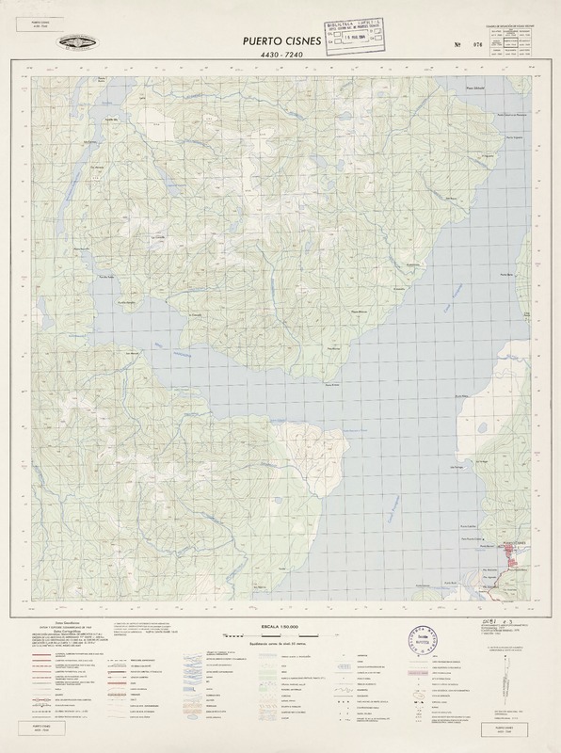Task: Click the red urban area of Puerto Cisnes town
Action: [515, 558]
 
